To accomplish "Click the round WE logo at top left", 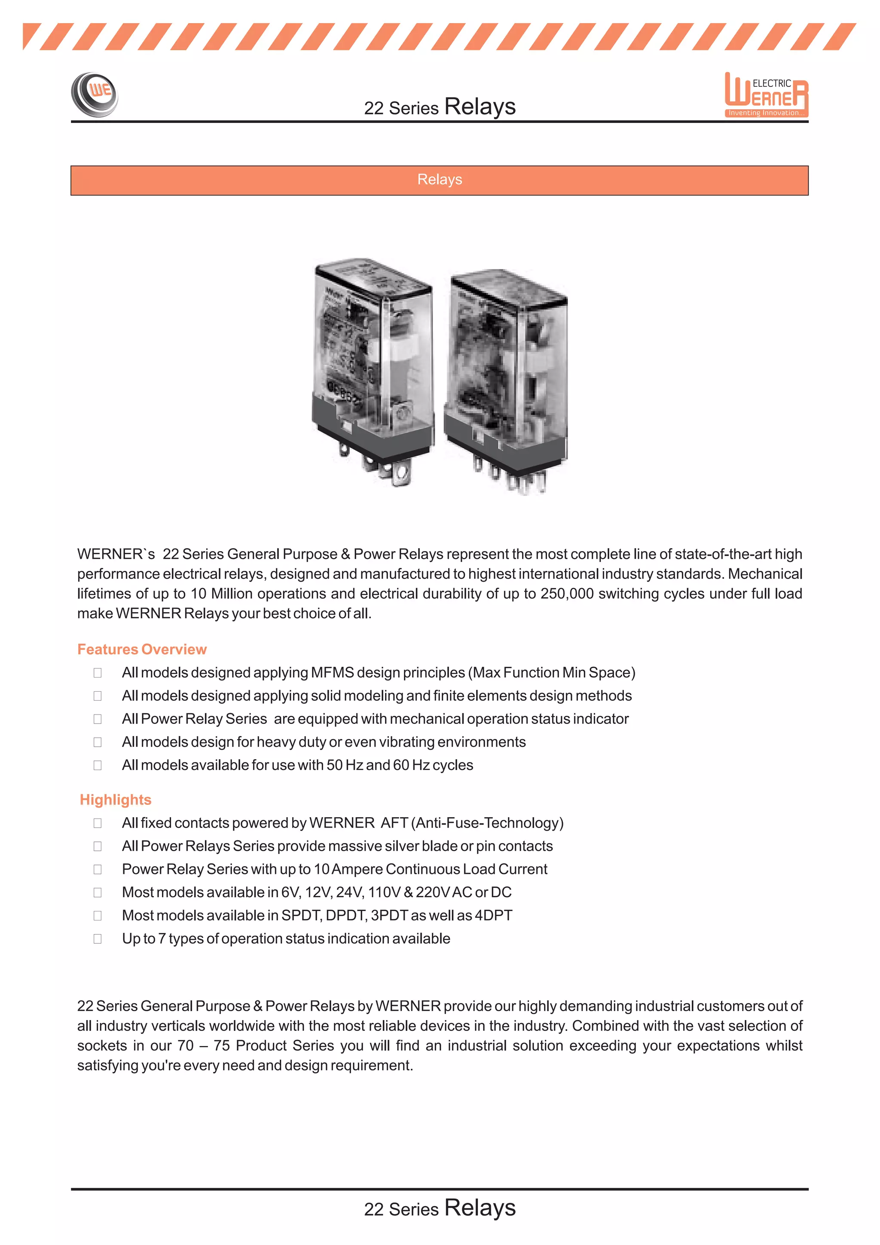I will [95, 94].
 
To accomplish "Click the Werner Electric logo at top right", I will [766, 95].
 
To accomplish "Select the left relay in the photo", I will [373, 366].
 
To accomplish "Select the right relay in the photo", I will [506, 380].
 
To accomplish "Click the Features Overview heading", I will [142, 649].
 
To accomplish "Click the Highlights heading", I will [116, 799].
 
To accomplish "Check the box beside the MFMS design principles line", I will [98, 673].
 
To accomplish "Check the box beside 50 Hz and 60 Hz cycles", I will [98, 765].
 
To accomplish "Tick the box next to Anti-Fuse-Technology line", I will [98, 823].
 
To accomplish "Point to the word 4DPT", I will [493, 915].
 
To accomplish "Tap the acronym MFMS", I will [332, 672].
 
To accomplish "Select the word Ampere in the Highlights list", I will [357, 869].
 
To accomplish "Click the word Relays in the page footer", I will [480, 1208].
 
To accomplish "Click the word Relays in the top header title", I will [480, 106].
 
